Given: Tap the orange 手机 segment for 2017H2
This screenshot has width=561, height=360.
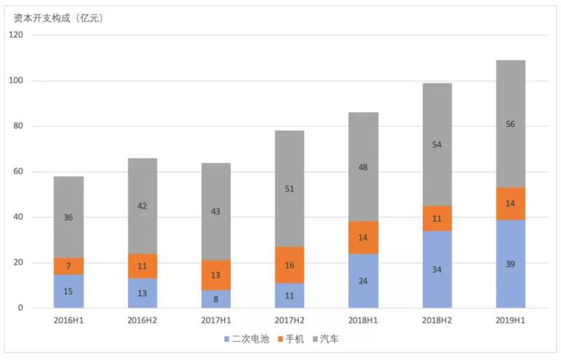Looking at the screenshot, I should [289, 265].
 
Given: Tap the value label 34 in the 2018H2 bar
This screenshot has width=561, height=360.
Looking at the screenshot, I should [437, 269].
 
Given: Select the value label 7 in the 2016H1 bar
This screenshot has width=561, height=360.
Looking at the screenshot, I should [69, 267].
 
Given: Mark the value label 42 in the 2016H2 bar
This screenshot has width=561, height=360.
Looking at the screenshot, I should [142, 206].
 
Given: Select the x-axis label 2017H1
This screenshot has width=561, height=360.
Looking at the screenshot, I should [216, 321].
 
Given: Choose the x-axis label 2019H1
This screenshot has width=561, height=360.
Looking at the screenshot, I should [511, 321].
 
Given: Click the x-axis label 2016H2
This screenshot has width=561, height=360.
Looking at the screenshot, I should [142, 321].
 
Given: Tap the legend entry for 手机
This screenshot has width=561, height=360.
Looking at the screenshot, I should [290, 340].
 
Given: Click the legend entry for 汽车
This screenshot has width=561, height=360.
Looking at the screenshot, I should [326, 340].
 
